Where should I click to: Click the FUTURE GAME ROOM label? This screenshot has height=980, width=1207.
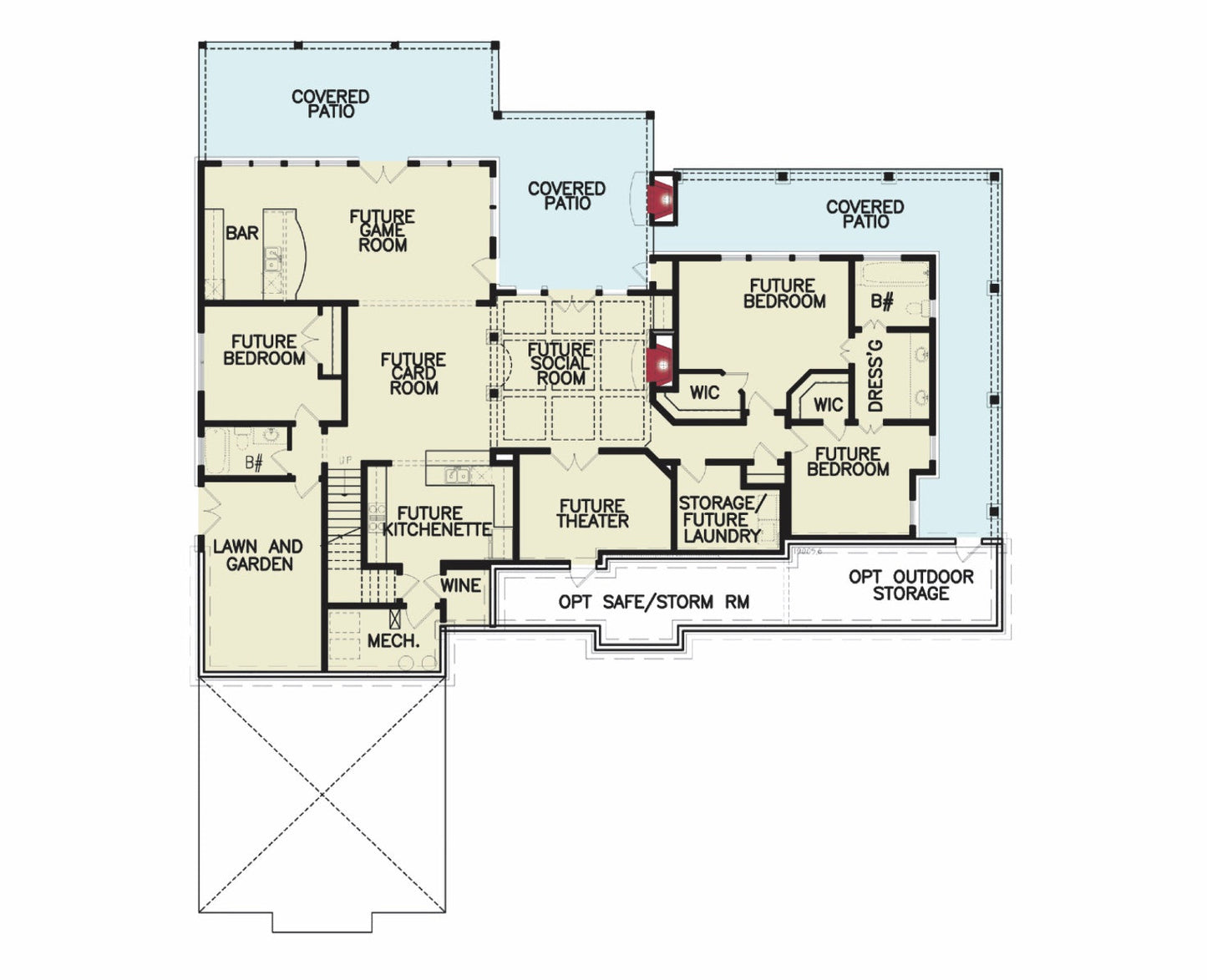[383, 230]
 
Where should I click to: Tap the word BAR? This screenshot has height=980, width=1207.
[242, 233]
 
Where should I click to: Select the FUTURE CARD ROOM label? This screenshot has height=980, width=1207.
[413, 373]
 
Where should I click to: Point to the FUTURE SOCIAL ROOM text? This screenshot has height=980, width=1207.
[560, 363]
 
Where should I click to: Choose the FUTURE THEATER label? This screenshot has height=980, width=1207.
[592, 513]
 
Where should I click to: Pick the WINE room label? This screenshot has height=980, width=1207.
[460, 585]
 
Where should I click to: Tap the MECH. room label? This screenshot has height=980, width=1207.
[393, 641]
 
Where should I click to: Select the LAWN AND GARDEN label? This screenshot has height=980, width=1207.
[258, 555]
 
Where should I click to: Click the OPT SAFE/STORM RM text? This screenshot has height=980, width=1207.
[653, 602]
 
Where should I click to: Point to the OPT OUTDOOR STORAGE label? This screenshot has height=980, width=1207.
[910, 584]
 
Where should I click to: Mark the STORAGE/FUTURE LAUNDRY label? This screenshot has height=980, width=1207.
[722, 519]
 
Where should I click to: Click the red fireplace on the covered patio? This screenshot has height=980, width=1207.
[664, 199]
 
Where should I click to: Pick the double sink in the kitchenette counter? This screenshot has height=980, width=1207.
[458, 476]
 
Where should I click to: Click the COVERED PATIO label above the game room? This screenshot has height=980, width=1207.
[331, 104]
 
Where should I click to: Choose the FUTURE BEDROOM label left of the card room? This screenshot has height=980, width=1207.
[264, 350]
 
